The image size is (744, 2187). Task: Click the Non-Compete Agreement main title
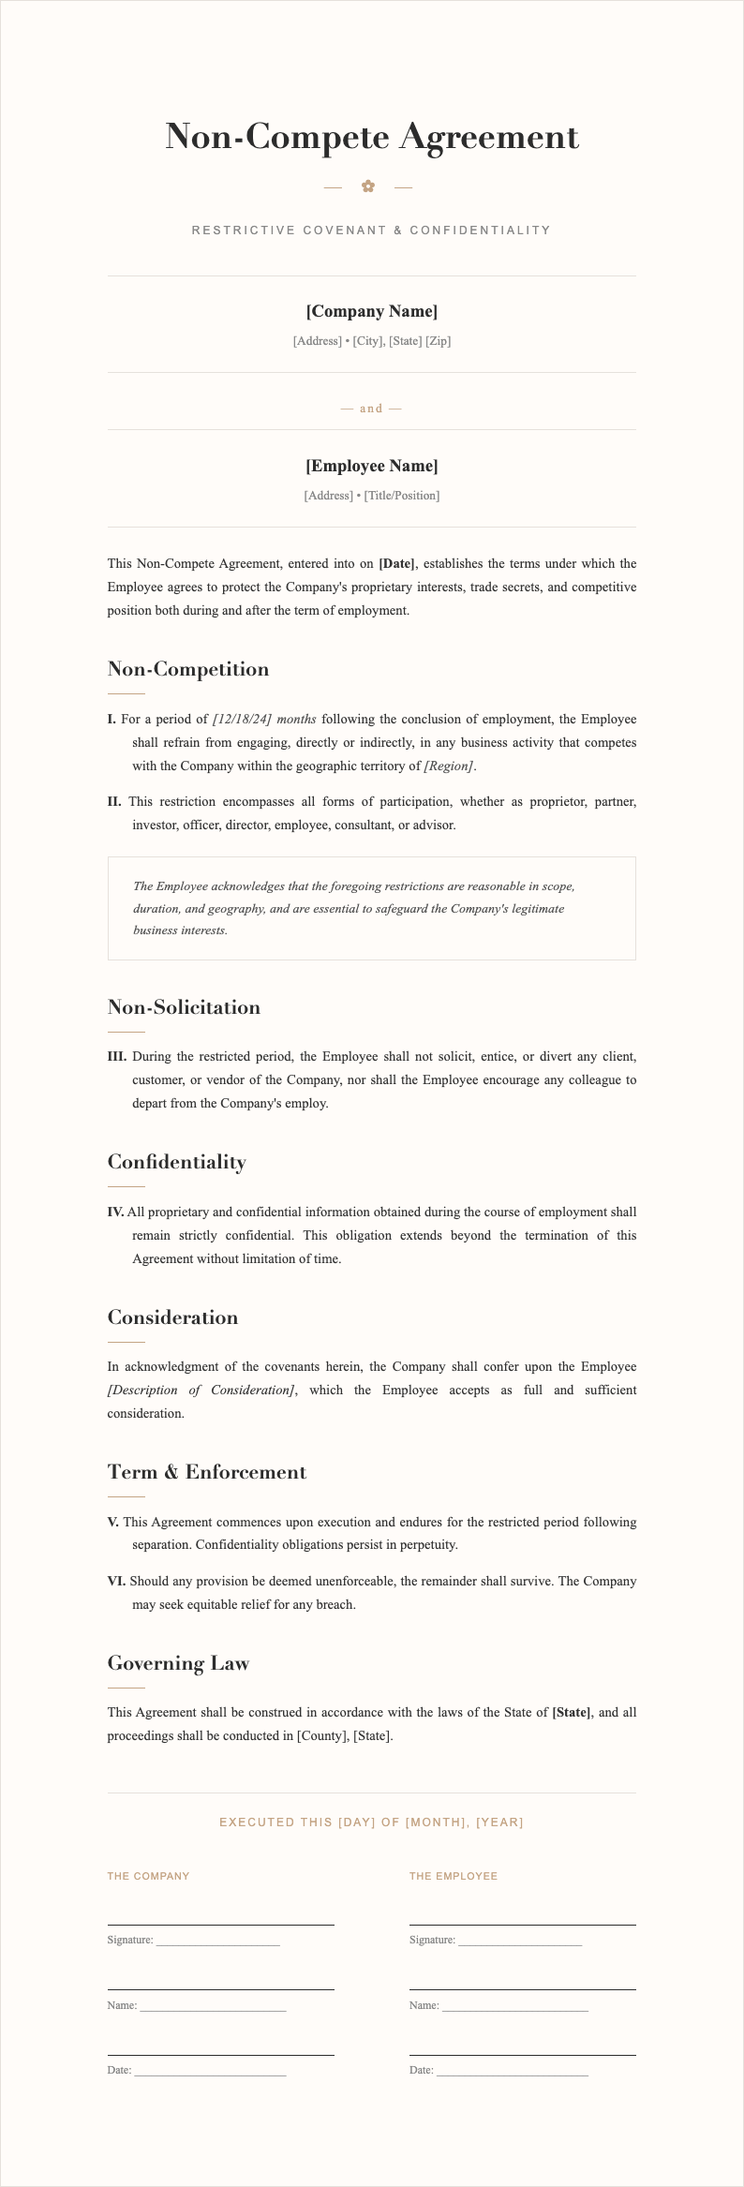[372, 137]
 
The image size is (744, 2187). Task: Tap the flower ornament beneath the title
[368, 186]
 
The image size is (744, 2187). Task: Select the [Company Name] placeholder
[372, 311]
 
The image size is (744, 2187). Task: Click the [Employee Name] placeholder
[372, 466]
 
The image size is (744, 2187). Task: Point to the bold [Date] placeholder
[396, 564]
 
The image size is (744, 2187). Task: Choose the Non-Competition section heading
[188, 669]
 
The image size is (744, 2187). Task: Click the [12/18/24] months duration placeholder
[264, 720]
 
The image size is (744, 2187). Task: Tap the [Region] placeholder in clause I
[449, 766]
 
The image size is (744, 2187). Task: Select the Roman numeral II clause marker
[114, 802]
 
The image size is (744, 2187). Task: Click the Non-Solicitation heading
[184, 1007]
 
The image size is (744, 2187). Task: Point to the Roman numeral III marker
[117, 1057]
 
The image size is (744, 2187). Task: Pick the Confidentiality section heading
[177, 1162]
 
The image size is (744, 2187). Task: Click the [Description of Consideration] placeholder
[201, 1390]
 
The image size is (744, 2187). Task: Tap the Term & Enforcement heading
[207, 1472]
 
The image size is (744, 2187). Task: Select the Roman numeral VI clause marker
[116, 1582]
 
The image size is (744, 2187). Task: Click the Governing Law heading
[178, 1663]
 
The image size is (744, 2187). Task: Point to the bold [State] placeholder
[572, 1712]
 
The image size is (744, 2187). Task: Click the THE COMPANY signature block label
[148, 1876]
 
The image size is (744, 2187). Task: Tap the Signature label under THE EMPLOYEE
[432, 1940]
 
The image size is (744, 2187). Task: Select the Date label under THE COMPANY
[119, 2069]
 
